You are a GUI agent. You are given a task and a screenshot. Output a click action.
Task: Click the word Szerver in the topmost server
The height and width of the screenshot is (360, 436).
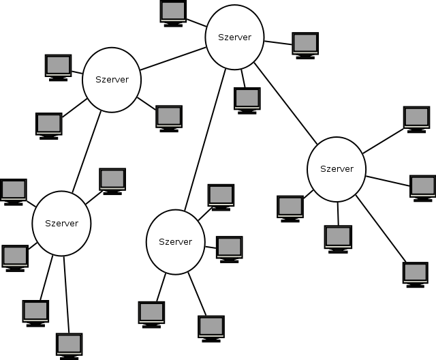click(234, 37)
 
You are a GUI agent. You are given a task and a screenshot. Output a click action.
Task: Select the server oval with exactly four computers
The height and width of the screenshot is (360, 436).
click(176, 242)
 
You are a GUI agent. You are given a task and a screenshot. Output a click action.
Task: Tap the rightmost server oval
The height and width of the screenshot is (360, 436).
click(337, 169)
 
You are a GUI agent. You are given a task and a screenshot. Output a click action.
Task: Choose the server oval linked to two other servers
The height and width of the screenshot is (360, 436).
click(111, 80)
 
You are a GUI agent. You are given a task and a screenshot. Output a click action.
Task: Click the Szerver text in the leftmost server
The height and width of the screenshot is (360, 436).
click(61, 223)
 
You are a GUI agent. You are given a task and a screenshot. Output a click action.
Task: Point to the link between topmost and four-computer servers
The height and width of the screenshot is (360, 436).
click(204, 140)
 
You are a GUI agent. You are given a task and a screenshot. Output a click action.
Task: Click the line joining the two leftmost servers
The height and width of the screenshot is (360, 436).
click(87, 151)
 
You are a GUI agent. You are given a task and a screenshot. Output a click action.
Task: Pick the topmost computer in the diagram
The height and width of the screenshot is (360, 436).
click(173, 12)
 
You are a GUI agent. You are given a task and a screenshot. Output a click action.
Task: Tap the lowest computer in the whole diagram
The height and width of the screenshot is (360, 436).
click(69, 344)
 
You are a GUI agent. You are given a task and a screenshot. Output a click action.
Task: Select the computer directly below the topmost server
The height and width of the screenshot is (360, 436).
click(247, 99)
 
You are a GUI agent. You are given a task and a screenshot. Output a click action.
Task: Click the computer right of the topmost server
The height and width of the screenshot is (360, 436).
click(305, 44)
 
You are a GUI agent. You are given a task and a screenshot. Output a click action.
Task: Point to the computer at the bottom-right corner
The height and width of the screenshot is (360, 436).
click(415, 273)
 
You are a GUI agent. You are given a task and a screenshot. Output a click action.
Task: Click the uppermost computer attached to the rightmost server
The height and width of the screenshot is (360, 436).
click(416, 118)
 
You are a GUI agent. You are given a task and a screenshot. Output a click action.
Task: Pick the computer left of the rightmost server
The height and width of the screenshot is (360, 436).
click(290, 207)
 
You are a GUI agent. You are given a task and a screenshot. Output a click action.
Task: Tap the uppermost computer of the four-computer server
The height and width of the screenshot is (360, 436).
click(221, 196)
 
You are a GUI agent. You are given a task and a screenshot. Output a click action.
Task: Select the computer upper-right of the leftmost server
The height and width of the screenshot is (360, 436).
click(112, 180)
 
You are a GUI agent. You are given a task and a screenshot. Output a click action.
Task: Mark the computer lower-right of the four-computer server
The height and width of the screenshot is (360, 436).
click(211, 327)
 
